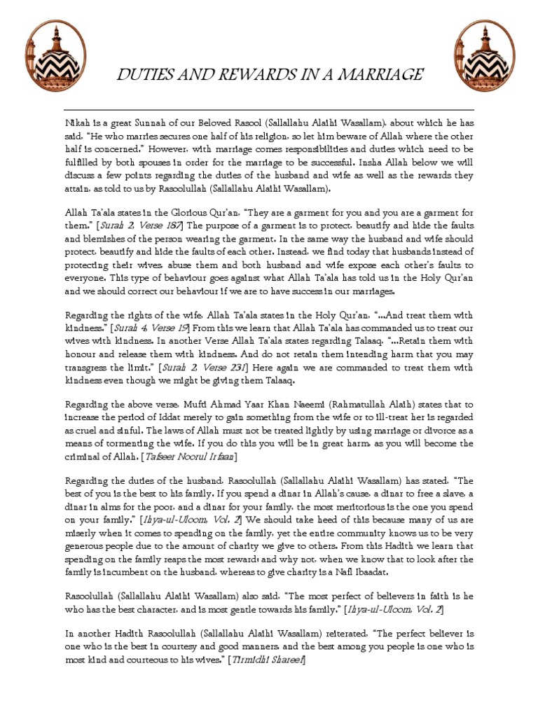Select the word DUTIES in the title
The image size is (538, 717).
coord(140,74)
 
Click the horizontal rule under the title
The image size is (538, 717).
coord(269,110)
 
